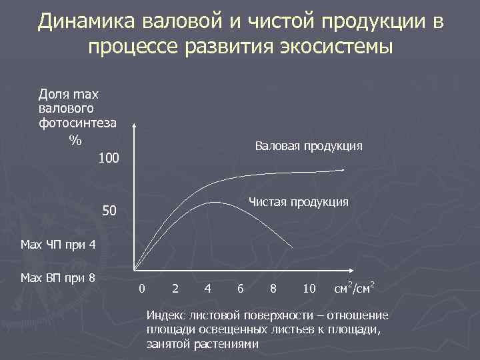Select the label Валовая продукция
tap(309, 146)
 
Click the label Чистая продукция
tap(298, 202)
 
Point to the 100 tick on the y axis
tap(108, 159)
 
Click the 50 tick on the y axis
tap(109, 213)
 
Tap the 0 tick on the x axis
tap(141, 289)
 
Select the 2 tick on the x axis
tap(175, 289)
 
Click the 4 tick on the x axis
tap(209, 289)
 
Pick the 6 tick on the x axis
tap(240, 289)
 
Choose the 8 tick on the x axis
tap(273, 289)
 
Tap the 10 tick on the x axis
tap(309, 289)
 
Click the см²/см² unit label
tap(353, 288)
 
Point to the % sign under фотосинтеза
tap(75, 140)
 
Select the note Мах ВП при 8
tap(58, 277)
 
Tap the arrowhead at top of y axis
tap(135, 126)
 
